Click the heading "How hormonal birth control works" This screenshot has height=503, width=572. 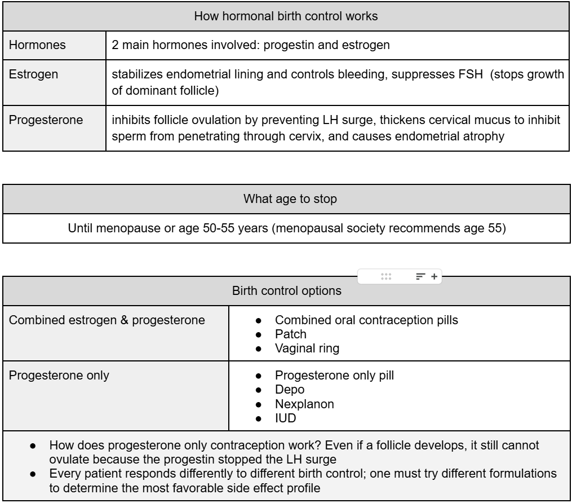point(286,16)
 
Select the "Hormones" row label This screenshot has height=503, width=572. point(30,45)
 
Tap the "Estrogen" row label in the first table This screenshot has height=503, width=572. point(28,75)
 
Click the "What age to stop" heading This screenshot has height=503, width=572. point(286,198)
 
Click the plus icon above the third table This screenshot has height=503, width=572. point(434,276)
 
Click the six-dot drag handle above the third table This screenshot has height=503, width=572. point(386,276)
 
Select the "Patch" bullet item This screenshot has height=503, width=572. point(287,334)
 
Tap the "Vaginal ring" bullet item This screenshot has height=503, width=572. point(307,348)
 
